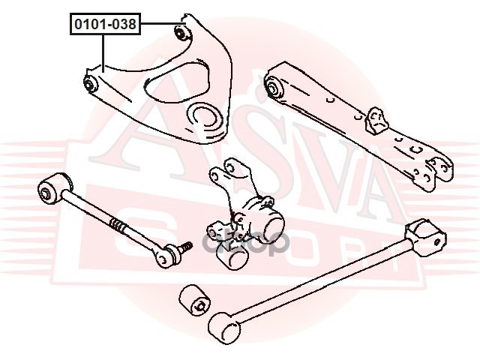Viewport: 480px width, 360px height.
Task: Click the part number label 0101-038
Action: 104,25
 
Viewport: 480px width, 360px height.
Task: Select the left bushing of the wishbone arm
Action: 91,83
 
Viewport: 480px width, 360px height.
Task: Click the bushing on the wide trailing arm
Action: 274,88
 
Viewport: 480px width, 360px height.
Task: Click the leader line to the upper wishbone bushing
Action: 157,24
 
